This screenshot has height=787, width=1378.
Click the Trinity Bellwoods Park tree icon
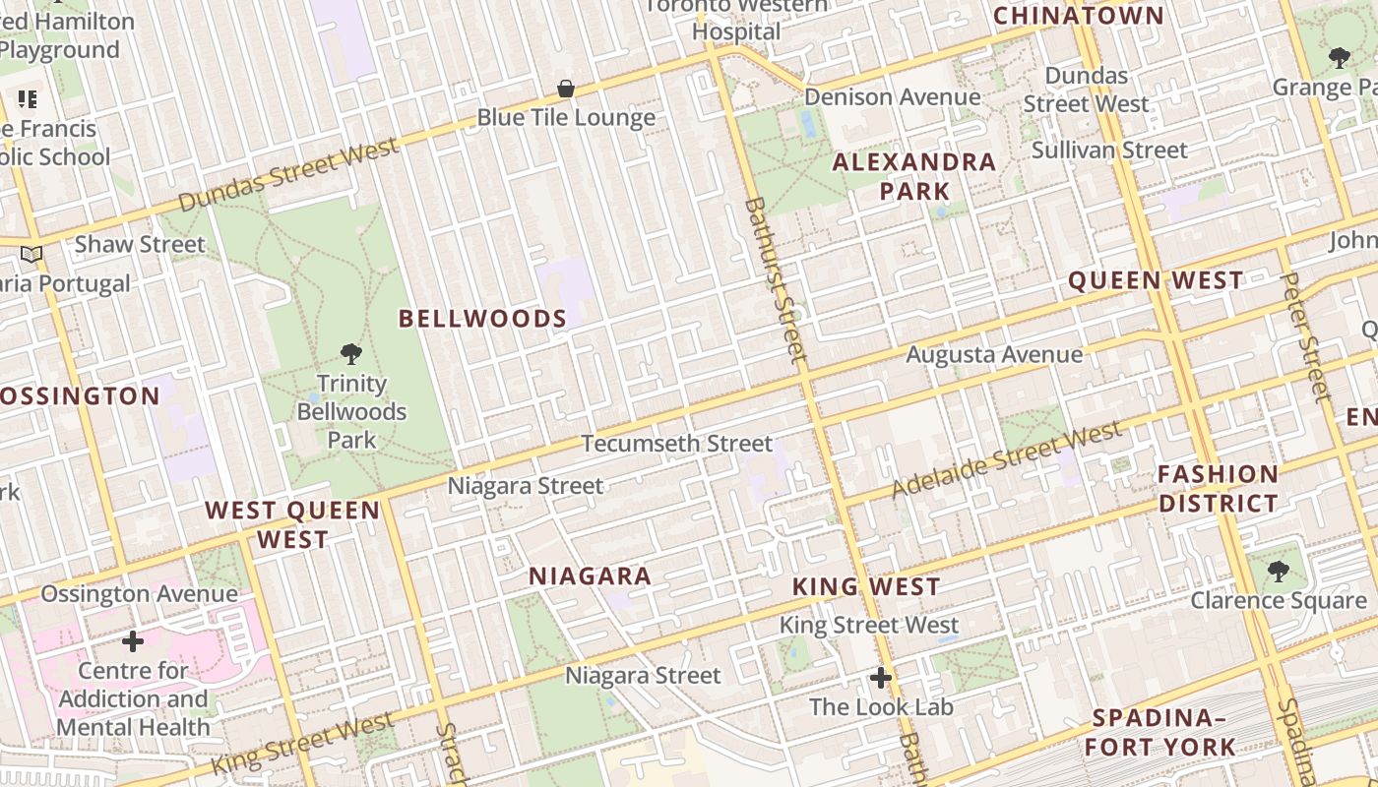tap(350, 354)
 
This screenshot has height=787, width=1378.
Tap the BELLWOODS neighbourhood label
tap(482, 319)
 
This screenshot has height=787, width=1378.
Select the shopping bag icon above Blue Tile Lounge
tap(566, 90)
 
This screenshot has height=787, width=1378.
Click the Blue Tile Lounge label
tap(566, 118)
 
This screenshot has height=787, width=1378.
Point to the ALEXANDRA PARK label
tap(914, 176)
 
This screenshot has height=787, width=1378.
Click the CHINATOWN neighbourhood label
tap(1079, 16)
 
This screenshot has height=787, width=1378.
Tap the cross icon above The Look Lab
tap(881, 678)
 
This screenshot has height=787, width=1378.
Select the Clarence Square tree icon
tap(1278, 571)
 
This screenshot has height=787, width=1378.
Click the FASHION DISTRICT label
tap(1218, 489)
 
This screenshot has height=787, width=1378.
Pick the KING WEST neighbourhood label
tap(867, 587)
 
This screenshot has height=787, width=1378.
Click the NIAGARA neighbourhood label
tap(591, 576)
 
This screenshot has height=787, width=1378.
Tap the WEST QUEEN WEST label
tap(292, 524)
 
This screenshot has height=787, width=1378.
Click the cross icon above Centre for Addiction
tap(133, 642)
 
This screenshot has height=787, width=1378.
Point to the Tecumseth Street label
tap(677, 444)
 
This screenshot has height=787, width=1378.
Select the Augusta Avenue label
tap(994, 354)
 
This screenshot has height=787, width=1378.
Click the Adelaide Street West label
tap(1006, 459)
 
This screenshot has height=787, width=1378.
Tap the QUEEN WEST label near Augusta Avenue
tap(1157, 281)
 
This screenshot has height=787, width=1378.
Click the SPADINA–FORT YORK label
tap(1160, 732)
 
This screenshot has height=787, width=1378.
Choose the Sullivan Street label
tap(1109, 151)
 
